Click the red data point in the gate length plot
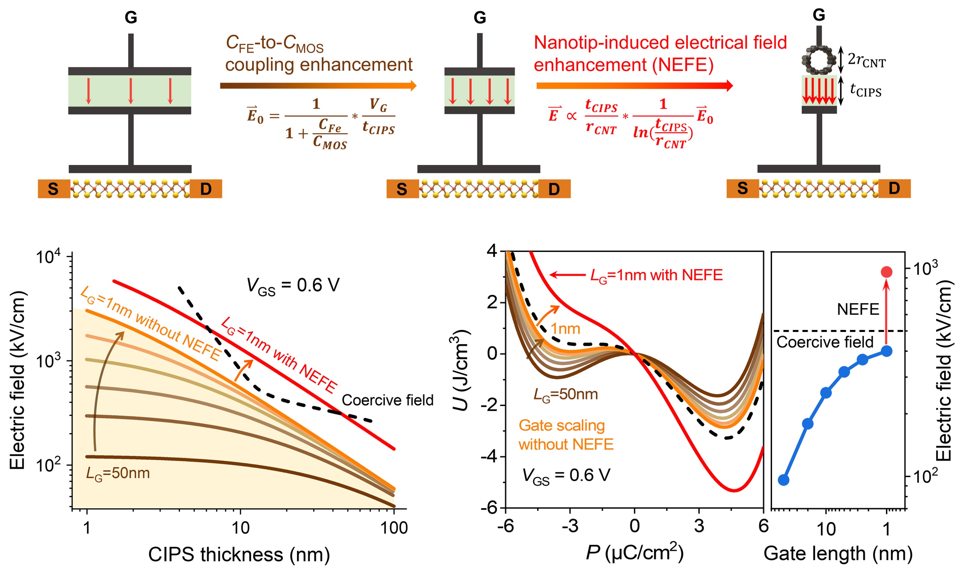[x=886, y=272]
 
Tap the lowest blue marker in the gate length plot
[x=784, y=480]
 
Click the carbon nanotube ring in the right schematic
[x=818, y=60]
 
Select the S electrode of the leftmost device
[x=54, y=189]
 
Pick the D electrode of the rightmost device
[x=894, y=188]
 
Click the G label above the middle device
[x=480, y=18]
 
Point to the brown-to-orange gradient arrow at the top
[x=318, y=86]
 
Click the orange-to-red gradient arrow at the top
[x=635, y=86]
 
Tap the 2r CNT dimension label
[x=867, y=61]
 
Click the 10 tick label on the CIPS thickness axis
[x=241, y=528]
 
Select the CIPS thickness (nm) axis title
[x=239, y=554]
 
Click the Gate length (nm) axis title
[x=838, y=554]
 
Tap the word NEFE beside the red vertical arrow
[x=858, y=309]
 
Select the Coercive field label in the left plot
[x=388, y=400]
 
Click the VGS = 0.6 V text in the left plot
[x=293, y=286]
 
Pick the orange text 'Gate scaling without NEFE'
[x=566, y=435]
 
